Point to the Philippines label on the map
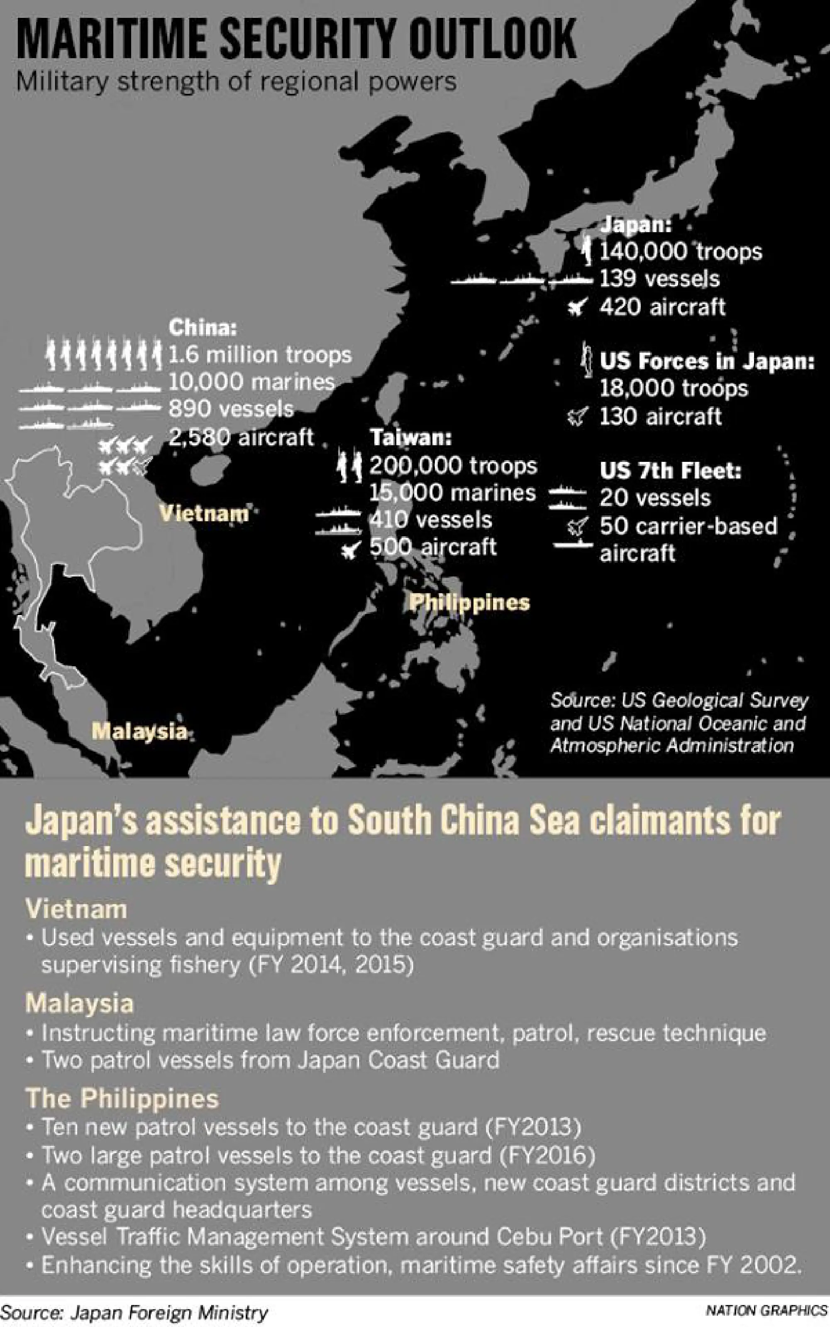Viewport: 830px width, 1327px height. point(469,603)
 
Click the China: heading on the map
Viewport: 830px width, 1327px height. point(203,328)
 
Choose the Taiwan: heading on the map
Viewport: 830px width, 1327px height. point(410,438)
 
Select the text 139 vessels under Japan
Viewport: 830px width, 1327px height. point(659,279)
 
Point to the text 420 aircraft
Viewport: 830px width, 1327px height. point(662,307)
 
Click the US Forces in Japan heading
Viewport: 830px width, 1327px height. point(706,361)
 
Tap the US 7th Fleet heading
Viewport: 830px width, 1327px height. point(670,471)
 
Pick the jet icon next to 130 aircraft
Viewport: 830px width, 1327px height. point(579,417)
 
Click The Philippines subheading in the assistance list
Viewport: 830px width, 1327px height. point(122,1099)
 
